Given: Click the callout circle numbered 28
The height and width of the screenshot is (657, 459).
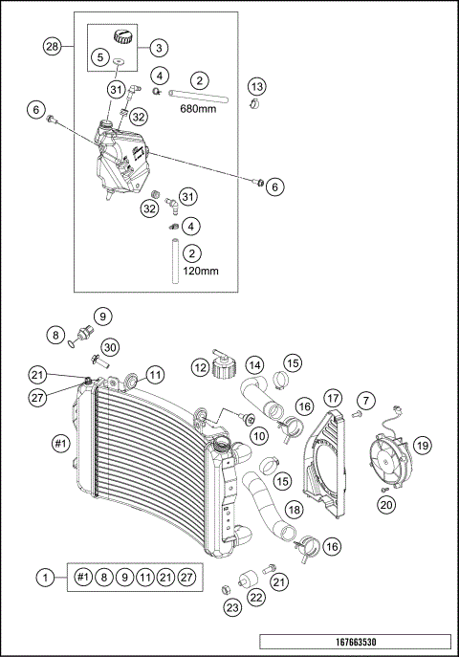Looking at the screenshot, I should pos(53,46).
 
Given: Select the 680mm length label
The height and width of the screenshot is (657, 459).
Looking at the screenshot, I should pos(200,109).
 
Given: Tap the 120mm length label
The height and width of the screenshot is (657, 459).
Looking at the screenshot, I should pos(200,271).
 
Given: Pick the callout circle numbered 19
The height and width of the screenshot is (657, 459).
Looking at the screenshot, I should pos(422,444).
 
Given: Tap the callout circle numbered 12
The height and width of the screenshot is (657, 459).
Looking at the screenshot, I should pos(201,368).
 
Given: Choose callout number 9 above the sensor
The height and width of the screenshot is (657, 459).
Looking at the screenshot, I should pos(102,315).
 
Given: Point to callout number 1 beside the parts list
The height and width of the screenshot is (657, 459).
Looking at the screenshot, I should pos(44,577).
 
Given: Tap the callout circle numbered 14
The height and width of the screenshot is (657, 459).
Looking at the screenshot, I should pos(255,364).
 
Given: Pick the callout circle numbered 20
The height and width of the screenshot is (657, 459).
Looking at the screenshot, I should pos(386,504).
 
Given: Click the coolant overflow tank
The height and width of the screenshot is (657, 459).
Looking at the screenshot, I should pos(122,158).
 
